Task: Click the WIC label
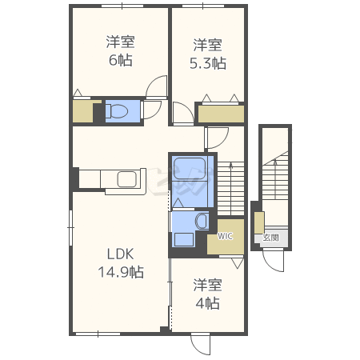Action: coord(225,236)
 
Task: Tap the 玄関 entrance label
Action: coord(271,238)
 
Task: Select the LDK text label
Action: coord(120,254)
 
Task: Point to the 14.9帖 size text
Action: coord(121,272)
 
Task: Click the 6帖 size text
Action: coord(121,60)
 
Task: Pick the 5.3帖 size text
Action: coord(208,63)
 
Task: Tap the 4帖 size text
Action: coord(208,303)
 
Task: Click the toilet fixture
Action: coord(117,110)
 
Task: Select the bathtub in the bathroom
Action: coord(190,169)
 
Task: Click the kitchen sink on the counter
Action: coord(127,179)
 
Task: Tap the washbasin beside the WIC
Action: coord(202,221)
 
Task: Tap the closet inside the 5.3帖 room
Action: coord(221,114)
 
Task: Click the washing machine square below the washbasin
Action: coord(184,239)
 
